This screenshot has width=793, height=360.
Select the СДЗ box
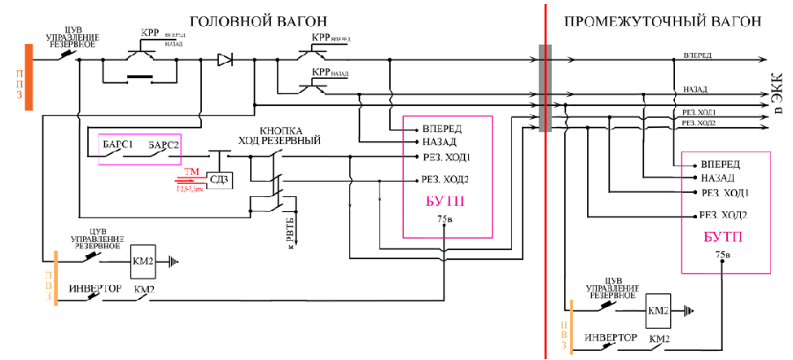[219, 179]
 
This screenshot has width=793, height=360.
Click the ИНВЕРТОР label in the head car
[94, 289]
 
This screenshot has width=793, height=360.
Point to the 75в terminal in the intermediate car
[722, 255]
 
